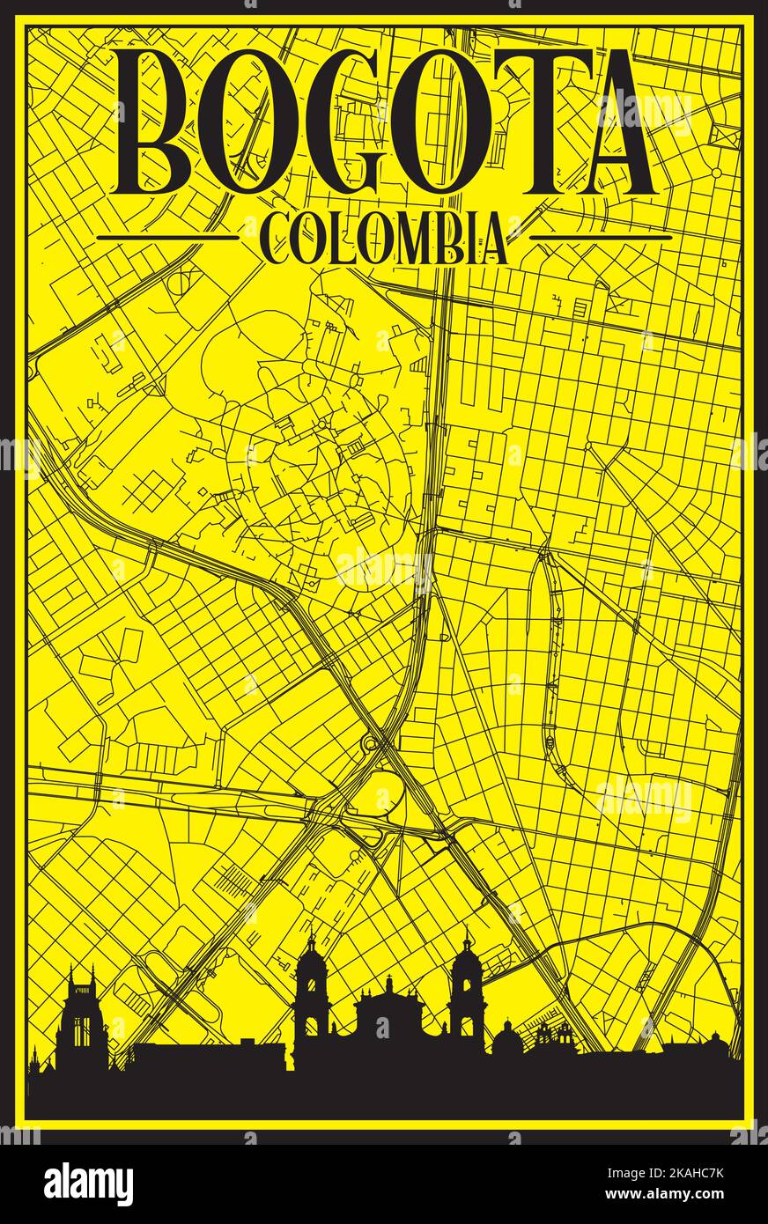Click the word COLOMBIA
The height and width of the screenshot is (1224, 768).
pos(385,239)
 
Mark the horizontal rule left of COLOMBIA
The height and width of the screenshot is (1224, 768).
pos(167,237)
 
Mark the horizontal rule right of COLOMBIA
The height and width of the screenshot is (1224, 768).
pos(602,237)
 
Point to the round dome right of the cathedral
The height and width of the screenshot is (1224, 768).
pos(506,1039)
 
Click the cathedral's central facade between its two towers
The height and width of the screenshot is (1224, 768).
pos(388,1013)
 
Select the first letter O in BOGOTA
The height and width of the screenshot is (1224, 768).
pos(248,123)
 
